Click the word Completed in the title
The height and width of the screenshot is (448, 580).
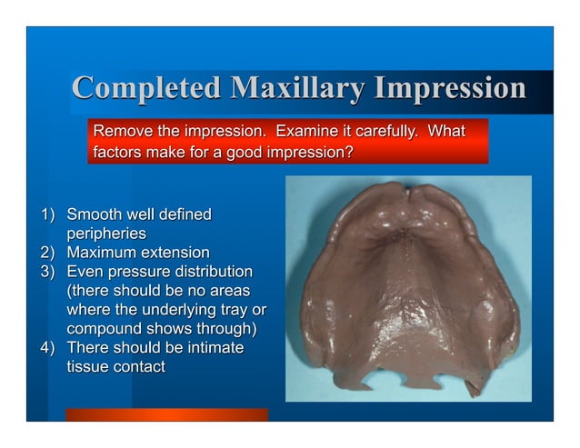tap(146, 88)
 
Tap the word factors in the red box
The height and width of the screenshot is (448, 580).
tap(118, 153)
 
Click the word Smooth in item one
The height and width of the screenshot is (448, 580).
tap(95, 215)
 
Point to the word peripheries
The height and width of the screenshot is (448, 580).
tap(106, 234)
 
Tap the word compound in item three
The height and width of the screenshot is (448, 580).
tap(106, 329)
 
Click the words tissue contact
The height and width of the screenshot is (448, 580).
tap(116, 367)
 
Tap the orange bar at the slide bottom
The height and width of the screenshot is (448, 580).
tap(166, 414)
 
